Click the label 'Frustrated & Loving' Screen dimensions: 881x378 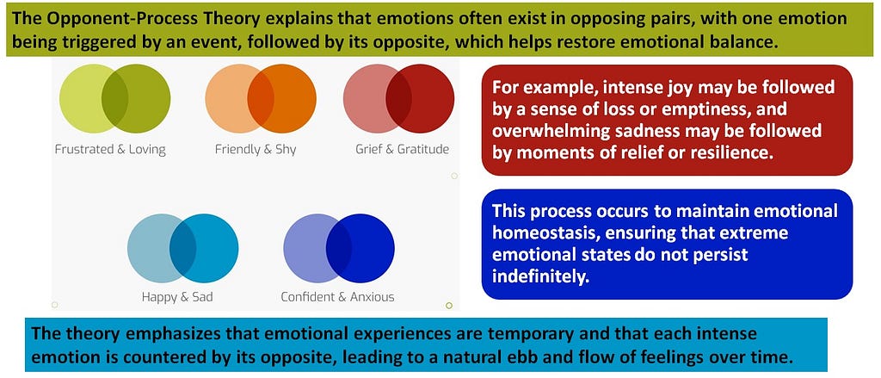pyautogui.click(x=110, y=150)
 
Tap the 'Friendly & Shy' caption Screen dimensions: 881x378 pyautogui.click(x=255, y=150)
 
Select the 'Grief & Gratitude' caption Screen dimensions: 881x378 pyautogui.click(x=403, y=150)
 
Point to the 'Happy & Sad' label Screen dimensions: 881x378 pyautogui.click(x=177, y=297)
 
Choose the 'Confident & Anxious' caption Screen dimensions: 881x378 pyautogui.click(x=337, y=297)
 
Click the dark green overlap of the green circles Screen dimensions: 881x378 pyautogui.click(x=114, y=98)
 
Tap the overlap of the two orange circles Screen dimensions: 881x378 pyautogui.click(x=261, y=98)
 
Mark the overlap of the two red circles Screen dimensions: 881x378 pyautogui.click(x=399, y=98)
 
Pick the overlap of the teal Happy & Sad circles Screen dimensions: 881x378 pyautogui.click(x=182, y=248)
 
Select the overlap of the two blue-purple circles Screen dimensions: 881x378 pyautogui.click(x=339, y=248)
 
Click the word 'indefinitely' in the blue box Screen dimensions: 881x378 pyautogui.click(x=540, y=276)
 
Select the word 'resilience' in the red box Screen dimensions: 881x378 pyautogui.click(x=735, y=152)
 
